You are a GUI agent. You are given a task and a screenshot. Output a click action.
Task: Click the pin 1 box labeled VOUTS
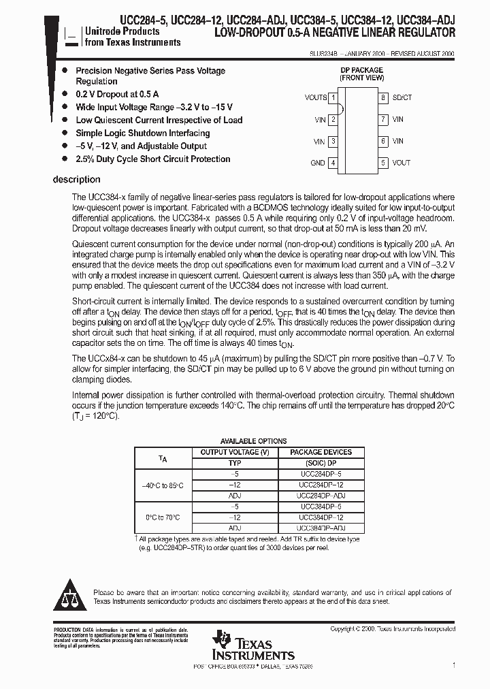[333, 98]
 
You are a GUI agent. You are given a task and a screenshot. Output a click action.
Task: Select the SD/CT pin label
[403, 98]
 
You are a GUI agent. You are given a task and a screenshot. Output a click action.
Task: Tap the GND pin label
[317, 163]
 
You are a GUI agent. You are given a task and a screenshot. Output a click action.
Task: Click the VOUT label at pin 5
[402, 163]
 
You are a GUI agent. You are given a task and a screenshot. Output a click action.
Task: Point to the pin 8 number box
[384, 98]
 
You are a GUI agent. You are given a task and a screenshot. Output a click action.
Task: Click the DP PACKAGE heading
[361, 70]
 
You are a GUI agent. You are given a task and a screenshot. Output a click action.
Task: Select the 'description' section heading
[76, 180]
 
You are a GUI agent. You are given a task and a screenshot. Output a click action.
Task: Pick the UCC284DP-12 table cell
[321, 485]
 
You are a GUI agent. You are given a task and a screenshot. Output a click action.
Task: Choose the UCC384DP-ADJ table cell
[321, 528]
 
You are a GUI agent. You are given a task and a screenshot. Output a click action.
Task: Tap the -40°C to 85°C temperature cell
[163, 485]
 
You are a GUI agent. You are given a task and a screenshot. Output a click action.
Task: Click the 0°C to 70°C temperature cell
[163, 517]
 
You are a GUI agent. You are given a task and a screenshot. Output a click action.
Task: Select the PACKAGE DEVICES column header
[321, 452]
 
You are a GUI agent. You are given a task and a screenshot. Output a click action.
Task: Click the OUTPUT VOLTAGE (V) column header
[235, 452]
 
